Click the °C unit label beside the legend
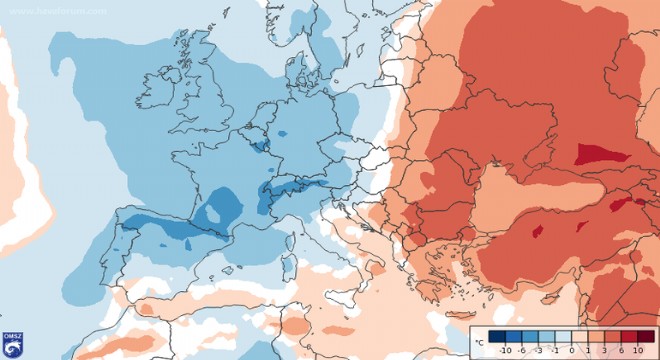481,342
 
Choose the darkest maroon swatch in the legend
645,337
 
